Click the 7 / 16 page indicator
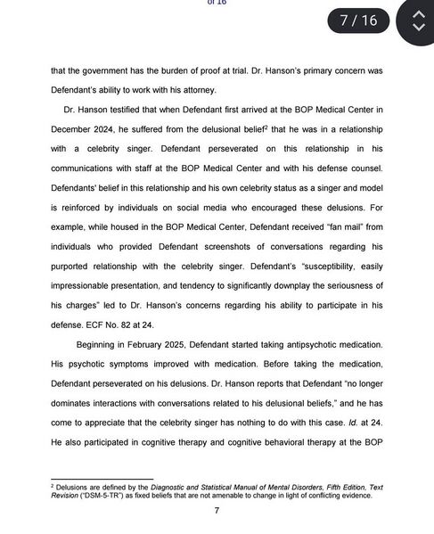[x=358, y=20]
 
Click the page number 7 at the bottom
[x=217, y=511]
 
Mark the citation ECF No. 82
[x=112, y=325]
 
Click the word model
[x=365, y=187]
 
